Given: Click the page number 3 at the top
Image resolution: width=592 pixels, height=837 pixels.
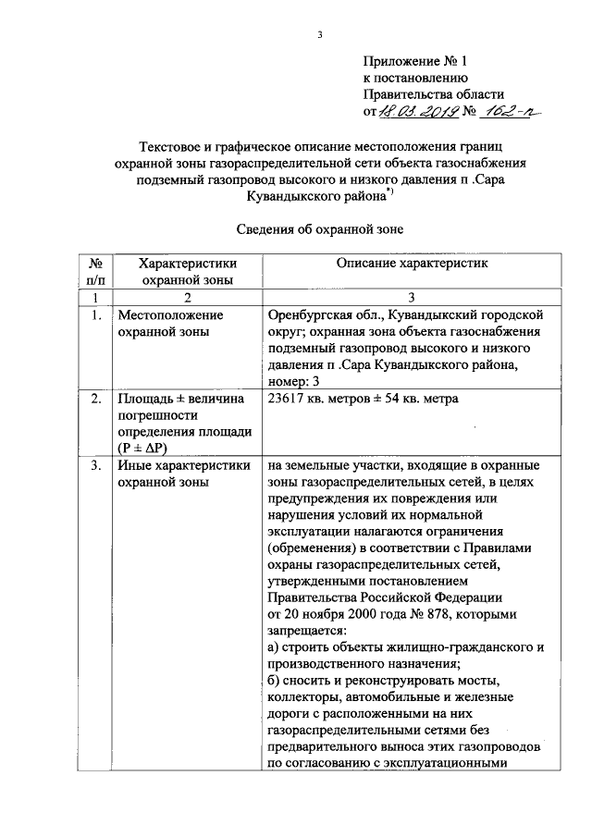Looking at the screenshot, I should pyautogui.click(x=319, y=35).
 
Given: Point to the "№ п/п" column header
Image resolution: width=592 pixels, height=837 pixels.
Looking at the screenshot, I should pyautogui.click(x=95, y=271).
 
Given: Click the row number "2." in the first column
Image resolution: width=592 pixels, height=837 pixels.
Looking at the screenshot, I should pyautogui.click(x=95, y=400).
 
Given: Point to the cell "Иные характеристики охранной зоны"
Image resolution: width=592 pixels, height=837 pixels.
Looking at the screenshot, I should pyautogui.click(x=183, y=474).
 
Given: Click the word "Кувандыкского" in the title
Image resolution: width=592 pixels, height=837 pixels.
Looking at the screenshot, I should pyautogui.click(x=303, y=195).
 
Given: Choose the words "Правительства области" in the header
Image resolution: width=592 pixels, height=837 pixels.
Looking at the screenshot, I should pyautogui.click(x=433, y=95).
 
